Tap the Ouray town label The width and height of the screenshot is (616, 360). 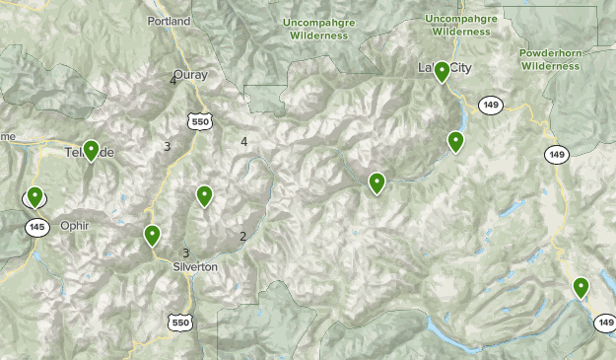coord(190,74)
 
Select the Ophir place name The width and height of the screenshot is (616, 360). coord(74,225)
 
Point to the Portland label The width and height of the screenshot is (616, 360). coord(168,21)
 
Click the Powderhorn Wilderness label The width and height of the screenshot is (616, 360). coord(550,59)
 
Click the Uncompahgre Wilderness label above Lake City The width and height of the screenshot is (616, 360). coord(458,25)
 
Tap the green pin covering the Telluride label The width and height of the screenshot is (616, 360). coord(91,150)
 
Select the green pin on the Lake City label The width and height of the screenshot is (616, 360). coord(442,71)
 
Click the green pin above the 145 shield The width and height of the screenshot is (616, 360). coord(34,196)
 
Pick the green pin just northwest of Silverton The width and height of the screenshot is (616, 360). coord(153,235)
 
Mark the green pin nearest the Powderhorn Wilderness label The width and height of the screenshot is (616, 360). coord(455,141)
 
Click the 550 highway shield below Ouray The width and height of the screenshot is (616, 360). coord(199,120)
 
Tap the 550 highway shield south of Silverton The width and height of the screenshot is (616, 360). coord(179,323)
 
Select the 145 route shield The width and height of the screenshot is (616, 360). coord(37,228)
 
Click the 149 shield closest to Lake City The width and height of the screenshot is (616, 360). coord(490,104)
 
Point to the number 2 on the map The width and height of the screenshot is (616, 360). coord(242,236)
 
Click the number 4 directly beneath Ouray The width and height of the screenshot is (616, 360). coord(173,81)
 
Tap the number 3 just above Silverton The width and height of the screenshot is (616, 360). coord(185,252)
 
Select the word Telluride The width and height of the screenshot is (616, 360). coord(89,153)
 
